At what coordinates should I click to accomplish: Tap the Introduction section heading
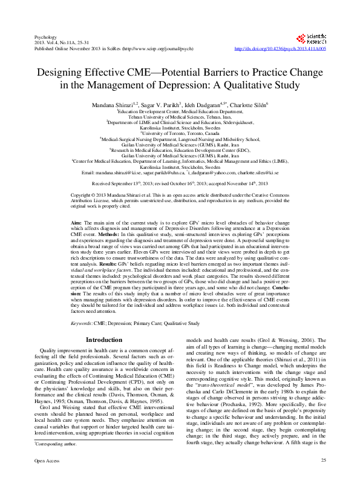point(105,340)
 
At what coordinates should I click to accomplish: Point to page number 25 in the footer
point(324,479)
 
